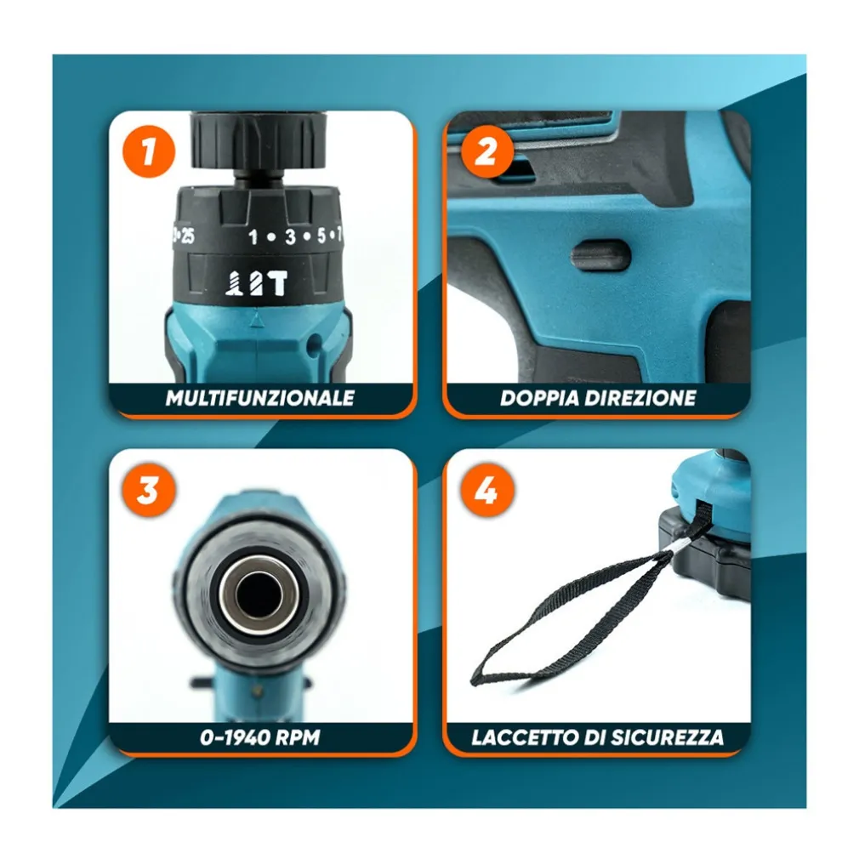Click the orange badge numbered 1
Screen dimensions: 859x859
149,151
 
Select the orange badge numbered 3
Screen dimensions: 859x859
149,490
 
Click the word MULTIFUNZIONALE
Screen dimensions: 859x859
260,398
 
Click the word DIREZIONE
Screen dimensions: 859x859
636,398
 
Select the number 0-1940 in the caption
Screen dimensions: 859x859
235,737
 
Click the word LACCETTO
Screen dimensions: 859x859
525,737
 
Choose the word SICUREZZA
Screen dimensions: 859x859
668,737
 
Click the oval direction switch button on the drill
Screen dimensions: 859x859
601,256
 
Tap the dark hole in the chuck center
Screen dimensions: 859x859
259,595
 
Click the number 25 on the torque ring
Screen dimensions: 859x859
188,236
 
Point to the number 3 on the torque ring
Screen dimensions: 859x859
290,236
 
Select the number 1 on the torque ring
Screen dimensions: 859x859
253,237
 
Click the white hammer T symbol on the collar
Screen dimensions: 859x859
277,284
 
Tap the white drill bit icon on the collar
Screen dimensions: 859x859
235,284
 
